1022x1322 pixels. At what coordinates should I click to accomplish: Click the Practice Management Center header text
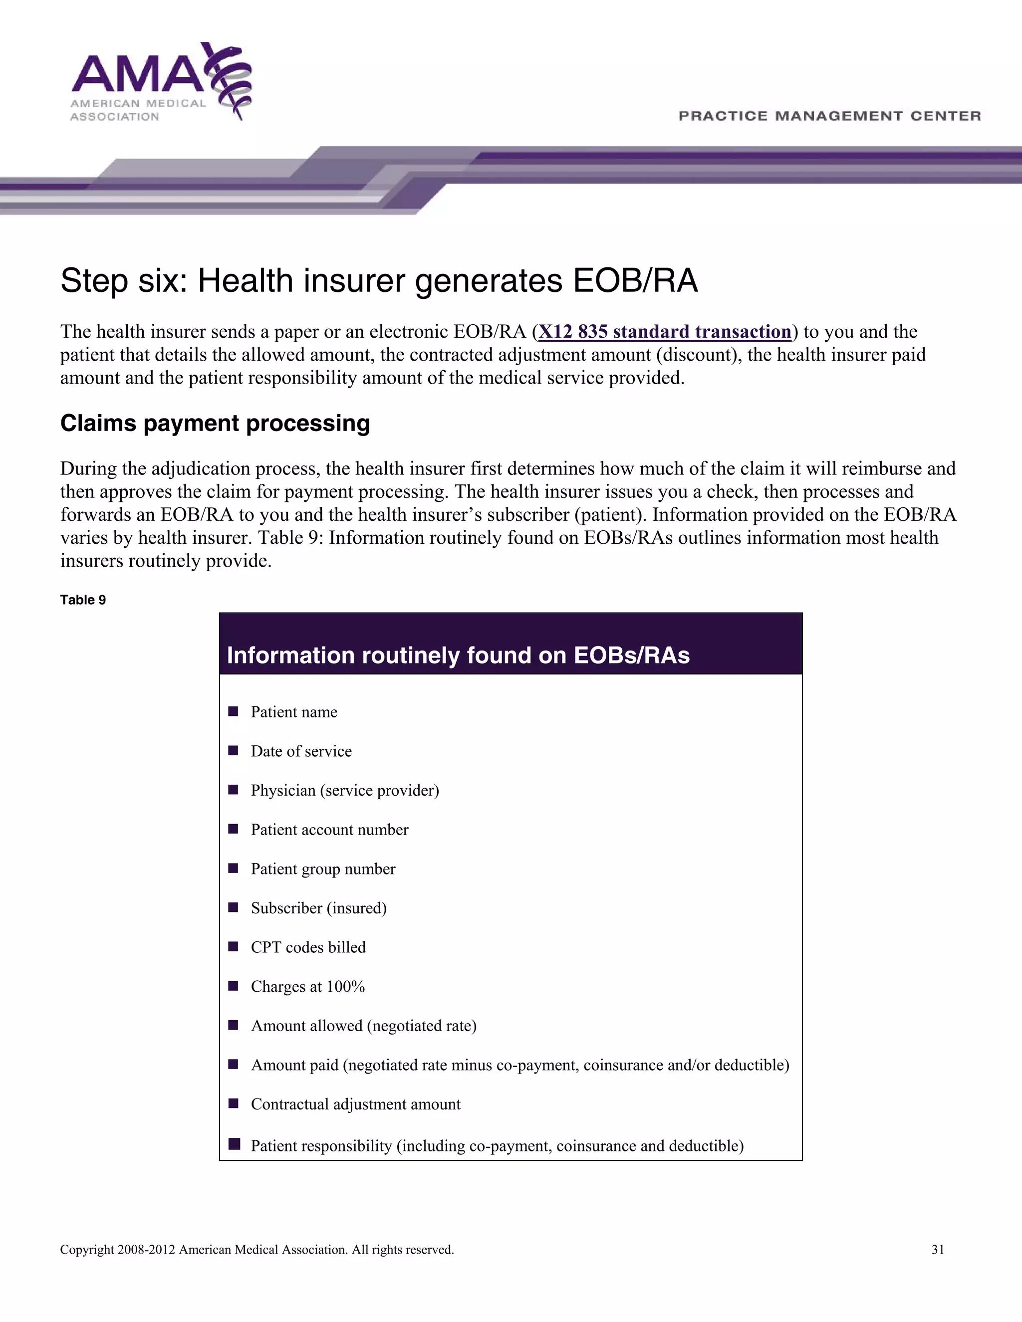click(829, 116)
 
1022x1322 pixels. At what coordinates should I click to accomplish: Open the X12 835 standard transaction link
click(664, 332)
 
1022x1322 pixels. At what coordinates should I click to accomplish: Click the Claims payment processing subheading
click(215, 423)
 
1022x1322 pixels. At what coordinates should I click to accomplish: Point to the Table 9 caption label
click(83, 600)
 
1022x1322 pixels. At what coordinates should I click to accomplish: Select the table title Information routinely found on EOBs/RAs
click(458, 655)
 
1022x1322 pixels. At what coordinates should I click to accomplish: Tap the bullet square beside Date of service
click(233, 751)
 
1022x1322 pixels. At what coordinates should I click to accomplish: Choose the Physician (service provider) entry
click(344, 791)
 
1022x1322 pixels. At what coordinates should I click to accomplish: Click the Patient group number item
click(323, 869)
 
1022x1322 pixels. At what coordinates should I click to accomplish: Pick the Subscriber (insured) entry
click(318, 908)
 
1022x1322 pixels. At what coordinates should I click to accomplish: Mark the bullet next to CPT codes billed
click(233, 947)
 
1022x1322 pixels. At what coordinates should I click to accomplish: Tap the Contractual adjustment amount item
click(355, 1104)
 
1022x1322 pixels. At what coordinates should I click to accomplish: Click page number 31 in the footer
click(938, 1250)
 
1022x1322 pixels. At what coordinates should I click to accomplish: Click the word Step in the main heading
click(94, 281)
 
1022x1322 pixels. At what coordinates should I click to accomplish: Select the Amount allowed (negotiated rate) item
click(363, 1026)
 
